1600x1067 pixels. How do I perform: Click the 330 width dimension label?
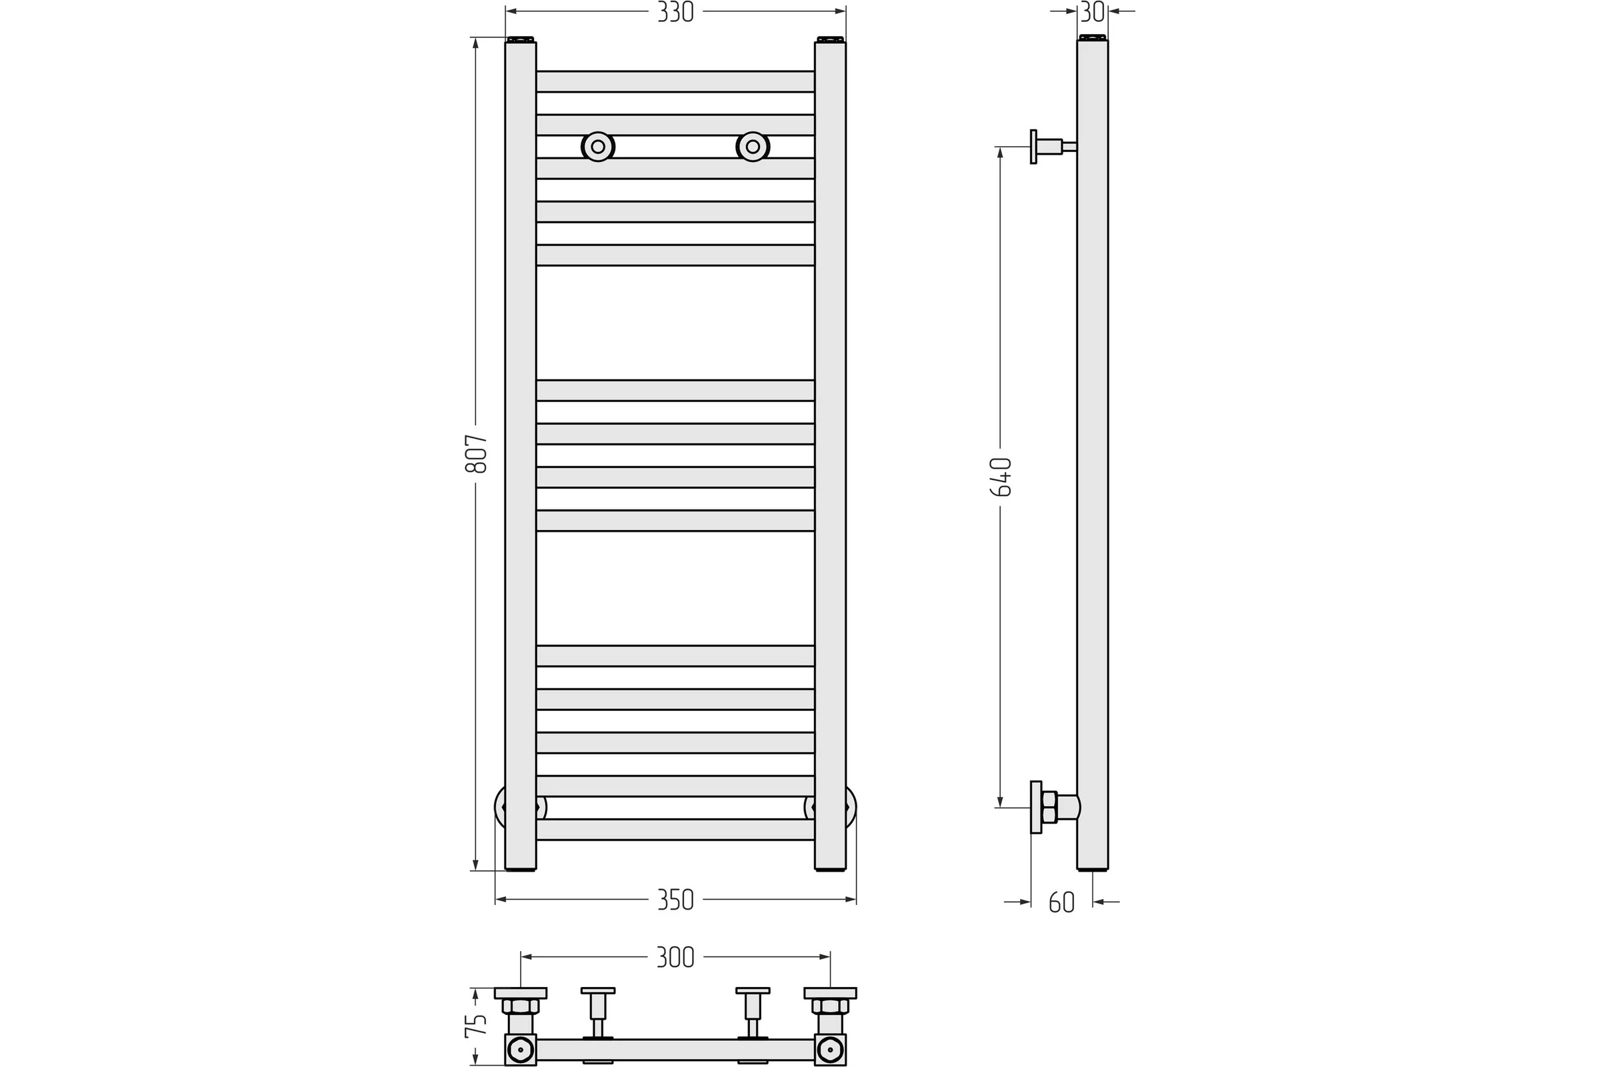tap(675, 12)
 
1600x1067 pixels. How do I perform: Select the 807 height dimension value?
tap(476, 453)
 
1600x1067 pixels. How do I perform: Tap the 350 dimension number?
tap(675, 900)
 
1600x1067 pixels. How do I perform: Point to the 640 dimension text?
tap(1001, 476)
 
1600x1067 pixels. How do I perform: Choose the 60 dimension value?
tap(1061, 902)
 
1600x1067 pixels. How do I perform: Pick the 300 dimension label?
tap(675, 958)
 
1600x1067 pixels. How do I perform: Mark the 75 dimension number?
tap(476, 1026)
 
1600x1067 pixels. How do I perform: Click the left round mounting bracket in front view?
tap(598, 146)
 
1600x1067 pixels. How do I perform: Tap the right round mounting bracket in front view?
tap(753, 146)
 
